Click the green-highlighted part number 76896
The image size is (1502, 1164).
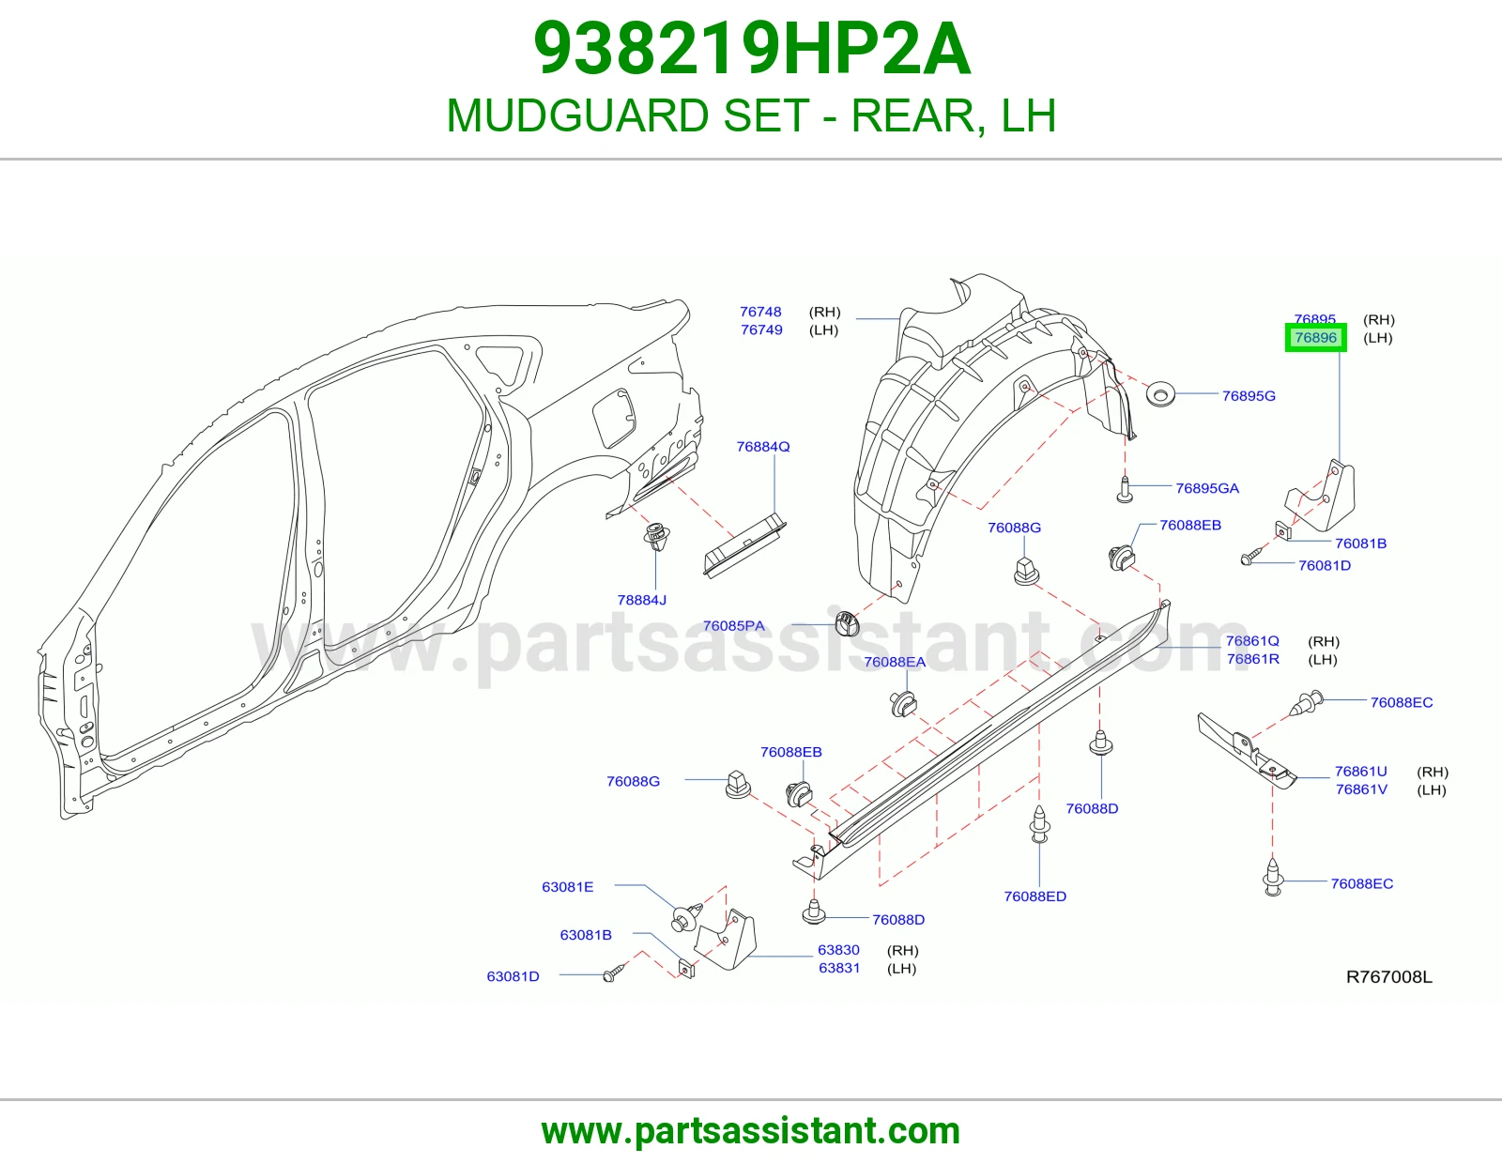(1315, 337)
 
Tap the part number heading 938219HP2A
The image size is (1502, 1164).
(752, 49)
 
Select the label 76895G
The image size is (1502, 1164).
(1249, 396)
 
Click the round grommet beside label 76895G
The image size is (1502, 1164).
(1160, 394)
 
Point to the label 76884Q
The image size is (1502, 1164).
(762, 447)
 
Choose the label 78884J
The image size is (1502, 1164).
(641, 600)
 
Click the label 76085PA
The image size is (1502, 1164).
(733, 625)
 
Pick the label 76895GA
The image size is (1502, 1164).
(1207, 488)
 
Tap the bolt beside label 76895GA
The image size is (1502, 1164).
(1125, 489)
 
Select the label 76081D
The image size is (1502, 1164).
(1325, 565)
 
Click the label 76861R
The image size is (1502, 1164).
(1252, 659)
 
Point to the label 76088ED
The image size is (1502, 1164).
(1035, 896)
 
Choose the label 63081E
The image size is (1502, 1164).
(568, 887)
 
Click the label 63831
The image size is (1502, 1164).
(839, 968)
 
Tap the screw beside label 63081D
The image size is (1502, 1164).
(614, 973)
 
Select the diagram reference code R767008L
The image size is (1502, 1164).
(1388, 976)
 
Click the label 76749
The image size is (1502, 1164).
(761, 329)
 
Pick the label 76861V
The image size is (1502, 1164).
(1361, 789)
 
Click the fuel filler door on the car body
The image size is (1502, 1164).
(614, 418)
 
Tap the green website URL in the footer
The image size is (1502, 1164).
(751, 1131)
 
